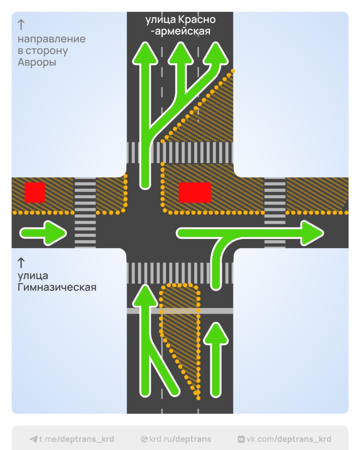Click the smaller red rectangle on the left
[x=35, y=192]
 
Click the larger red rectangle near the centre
[x=195, y=192]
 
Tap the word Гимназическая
[x=57, y=288]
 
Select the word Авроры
[x=37, y=62]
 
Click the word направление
[x=51, y=39]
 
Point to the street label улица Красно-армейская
[x=180, y=25]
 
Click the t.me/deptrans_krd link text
[x=76, y=439]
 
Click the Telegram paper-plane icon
[x=33, y=439]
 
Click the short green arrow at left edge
[x=43, y=232]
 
